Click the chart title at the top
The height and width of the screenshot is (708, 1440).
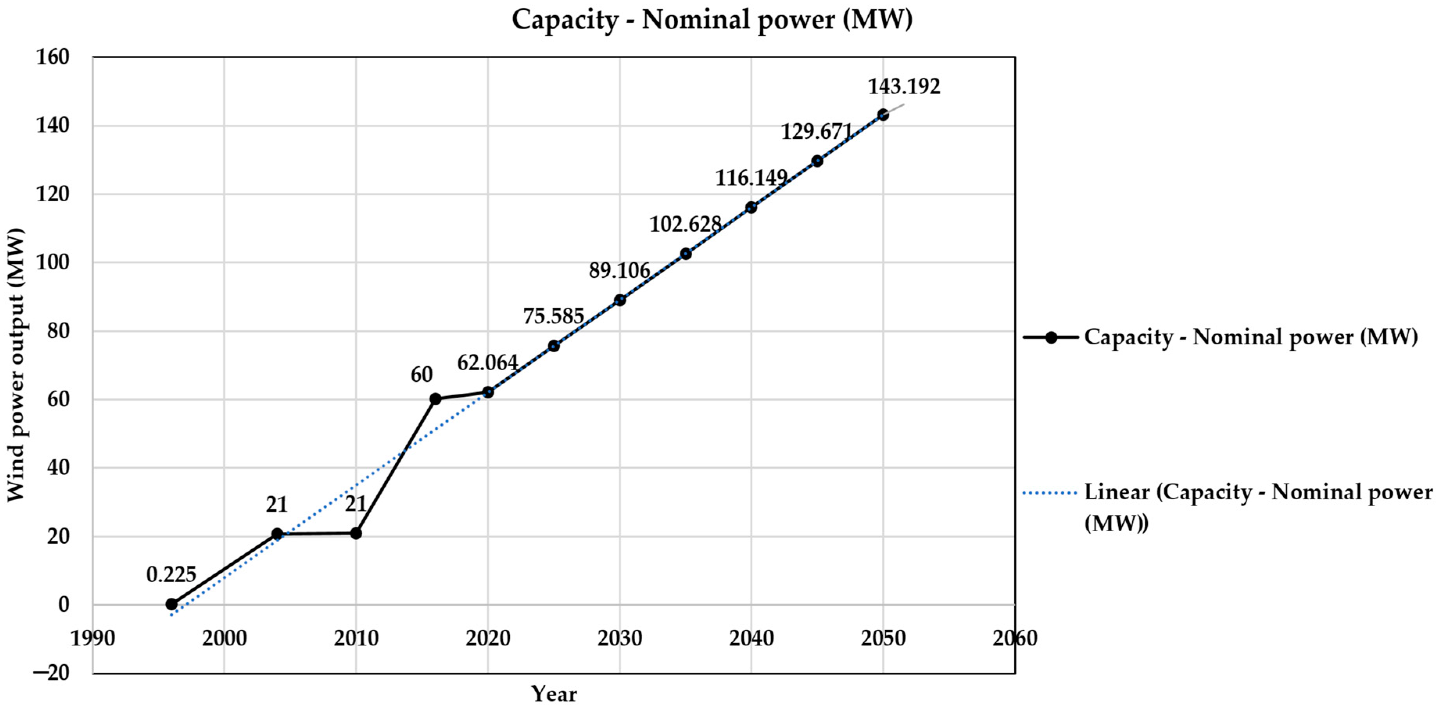point(712,20)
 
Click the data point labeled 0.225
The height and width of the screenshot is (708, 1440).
point(172,604)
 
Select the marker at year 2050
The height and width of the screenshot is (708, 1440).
point(883,115)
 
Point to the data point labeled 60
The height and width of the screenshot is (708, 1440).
point(435,399)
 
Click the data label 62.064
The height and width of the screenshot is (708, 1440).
point(487,363)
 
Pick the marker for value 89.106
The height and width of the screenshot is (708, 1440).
point(620,300)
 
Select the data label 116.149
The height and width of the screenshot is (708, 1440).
point(751,178)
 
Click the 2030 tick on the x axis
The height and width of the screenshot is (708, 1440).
point(620,638)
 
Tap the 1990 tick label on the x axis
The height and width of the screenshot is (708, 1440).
point(93,638)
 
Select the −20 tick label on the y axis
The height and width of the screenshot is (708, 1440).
point(52,672)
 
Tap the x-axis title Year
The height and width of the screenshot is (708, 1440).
point(553,694)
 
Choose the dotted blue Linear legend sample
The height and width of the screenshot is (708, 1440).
point(1049,493)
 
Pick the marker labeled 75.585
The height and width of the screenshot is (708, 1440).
point(553,346)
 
